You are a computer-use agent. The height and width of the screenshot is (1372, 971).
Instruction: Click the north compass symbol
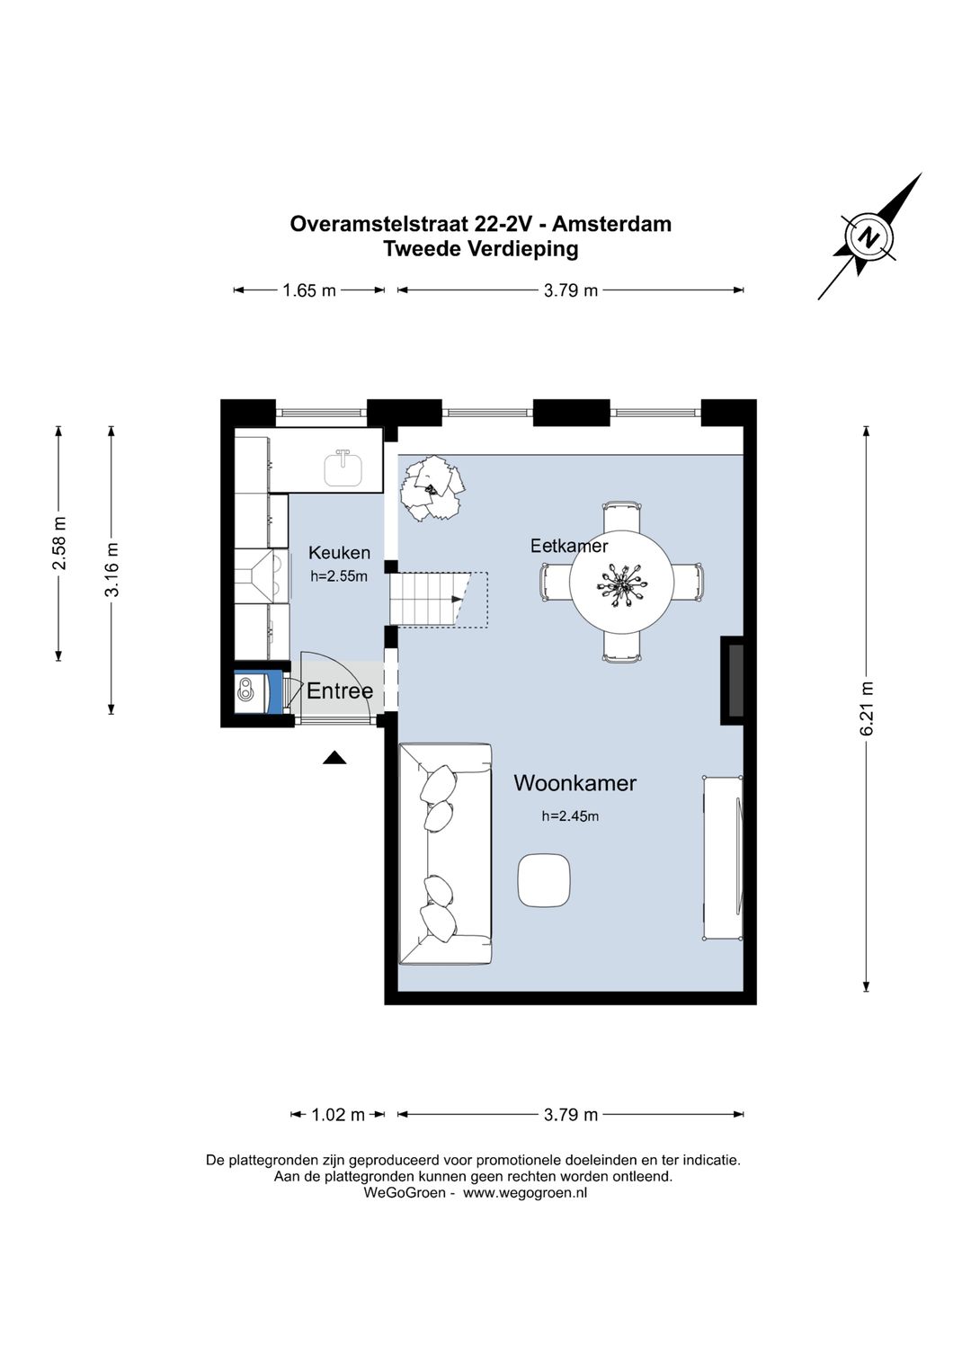coord(869,236)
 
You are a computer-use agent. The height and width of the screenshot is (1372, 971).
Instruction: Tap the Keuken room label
coord(339,552)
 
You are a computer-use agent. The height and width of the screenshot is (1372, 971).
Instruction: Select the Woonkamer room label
coord(575,783)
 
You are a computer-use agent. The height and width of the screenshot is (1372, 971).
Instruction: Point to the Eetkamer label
coord(568,546)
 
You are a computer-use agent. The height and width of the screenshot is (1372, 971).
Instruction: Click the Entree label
coord(339,690)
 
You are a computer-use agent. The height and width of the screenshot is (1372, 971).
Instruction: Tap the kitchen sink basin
coord(343,468)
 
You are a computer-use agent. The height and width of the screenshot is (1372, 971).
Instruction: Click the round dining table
coord(622,582)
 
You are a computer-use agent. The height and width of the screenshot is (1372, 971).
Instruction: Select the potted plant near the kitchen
coord(432,489)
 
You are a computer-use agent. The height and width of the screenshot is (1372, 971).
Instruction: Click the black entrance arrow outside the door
coord(334,758)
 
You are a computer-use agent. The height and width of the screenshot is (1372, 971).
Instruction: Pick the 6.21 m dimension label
coord(867,708)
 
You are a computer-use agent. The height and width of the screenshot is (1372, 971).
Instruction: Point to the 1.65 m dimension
coord(309,290)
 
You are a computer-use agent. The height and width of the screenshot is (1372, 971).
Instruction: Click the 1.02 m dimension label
coord(338,1115)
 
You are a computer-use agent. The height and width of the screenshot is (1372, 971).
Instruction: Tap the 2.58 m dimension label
coord(59,543)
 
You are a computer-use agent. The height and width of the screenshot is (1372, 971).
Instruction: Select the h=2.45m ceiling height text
coord(570,815)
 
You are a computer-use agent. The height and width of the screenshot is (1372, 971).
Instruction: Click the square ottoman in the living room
coord(544,880)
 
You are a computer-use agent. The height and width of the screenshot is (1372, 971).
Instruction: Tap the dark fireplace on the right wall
coord(733,681)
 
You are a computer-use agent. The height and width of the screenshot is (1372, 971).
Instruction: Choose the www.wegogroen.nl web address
coord(525,1192)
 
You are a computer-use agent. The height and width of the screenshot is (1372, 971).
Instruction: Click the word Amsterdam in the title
coord(611,224)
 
